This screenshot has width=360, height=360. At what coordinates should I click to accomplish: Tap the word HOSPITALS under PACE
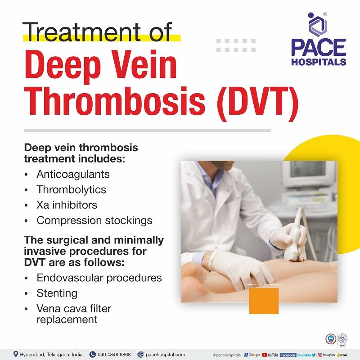pyautogui.click(x=319, y=62)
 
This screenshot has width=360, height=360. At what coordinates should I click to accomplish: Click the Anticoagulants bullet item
pyautogui.click(x=73, y=174)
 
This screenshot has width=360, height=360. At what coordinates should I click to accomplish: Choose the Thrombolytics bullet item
pyautogui.click(x=72, y=189)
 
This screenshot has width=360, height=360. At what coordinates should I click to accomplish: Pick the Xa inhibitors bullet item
pyautogui.click(x=67, y=205)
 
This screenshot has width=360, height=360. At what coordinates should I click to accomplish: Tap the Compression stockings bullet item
pyautogui.click(x=94, y=220)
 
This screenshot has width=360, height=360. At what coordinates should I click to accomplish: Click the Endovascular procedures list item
pyautogui.click(x=99, y=278)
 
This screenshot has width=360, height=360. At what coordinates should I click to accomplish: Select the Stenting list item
pyautogui.click(x=57, y=293)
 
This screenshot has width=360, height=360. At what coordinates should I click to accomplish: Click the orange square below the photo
pyautogui.click(x=264, y=301)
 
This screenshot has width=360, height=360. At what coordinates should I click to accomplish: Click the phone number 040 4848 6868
pyautogui.click(x=113, y=355)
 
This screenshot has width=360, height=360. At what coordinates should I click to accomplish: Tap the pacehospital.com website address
pyautogui.click(x=164, y=355)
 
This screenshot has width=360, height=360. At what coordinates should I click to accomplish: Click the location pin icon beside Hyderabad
pyautogui.click(x=15, y=355)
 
